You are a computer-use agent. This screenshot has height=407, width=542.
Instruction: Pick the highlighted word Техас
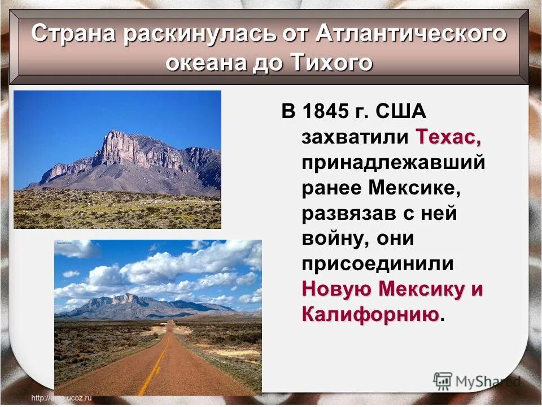click(x=449, y=137)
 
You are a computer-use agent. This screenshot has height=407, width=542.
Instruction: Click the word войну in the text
click(x=333, y=239)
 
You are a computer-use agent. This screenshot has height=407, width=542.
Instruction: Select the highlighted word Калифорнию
click(x=370, y=314)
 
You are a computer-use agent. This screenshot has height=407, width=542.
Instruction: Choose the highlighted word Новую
click(x=337, y=289)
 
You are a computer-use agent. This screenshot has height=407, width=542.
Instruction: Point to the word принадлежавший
click(x=394, y=162)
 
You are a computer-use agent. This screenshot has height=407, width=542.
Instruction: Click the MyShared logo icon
click(x=443, y=382)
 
